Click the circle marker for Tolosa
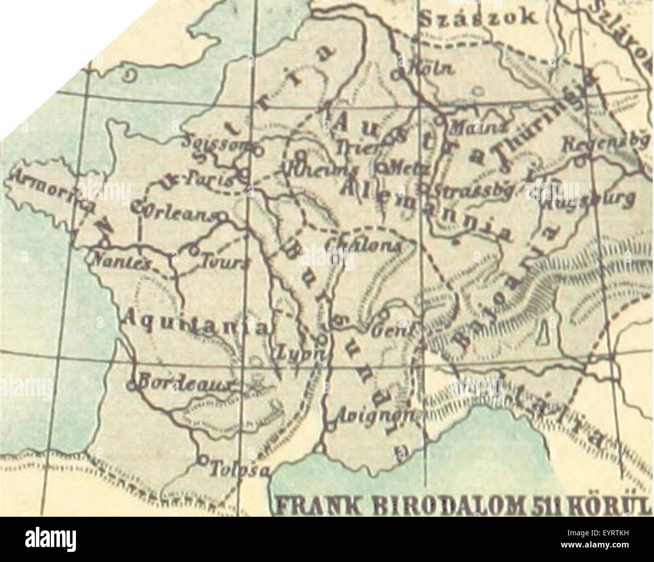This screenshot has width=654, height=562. click(202, 459)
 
